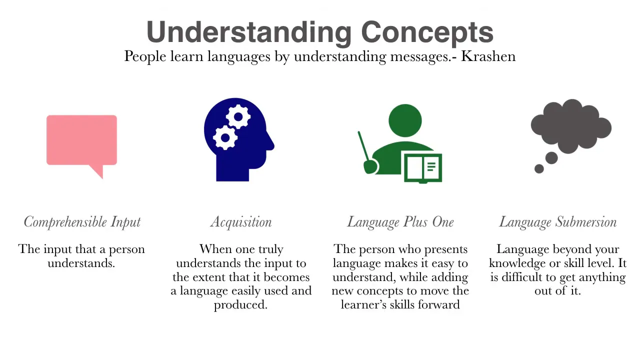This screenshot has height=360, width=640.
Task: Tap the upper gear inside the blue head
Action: coord(238,116)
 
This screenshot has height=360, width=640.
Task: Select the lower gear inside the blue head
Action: coord(225,137)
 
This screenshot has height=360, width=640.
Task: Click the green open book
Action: coord(423,168)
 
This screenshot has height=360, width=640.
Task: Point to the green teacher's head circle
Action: coord(405,120)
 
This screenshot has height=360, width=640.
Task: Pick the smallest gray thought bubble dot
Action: coord(539,168)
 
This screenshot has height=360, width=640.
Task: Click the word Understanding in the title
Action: coord(249,33)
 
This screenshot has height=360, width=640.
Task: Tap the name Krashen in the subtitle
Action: coord(488,56)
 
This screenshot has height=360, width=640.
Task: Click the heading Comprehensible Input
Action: coord(82,222)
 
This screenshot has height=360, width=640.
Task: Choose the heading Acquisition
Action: coord(241,222)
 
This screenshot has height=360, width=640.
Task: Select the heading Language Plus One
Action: coord(400,222)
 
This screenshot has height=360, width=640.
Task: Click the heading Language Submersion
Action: coord(557,222)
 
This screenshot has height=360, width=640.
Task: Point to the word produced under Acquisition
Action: coord(240,305)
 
